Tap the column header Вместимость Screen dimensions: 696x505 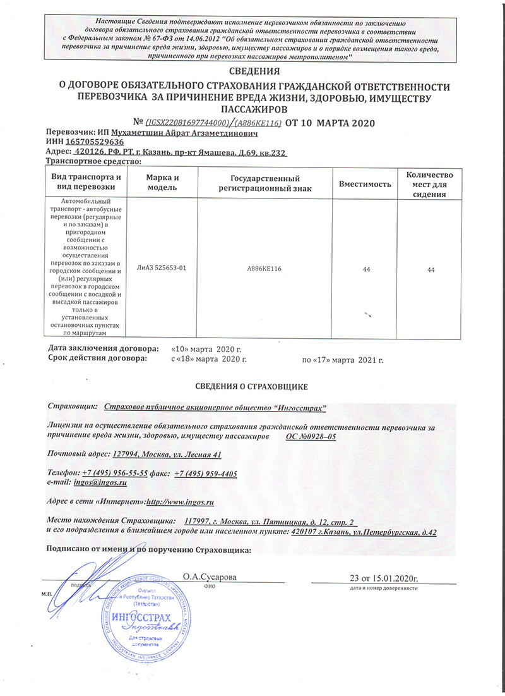365,184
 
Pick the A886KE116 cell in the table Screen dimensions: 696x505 264,269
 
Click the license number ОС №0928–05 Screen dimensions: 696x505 311,437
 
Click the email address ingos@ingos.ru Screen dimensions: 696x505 100,482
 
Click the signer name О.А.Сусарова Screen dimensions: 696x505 210,577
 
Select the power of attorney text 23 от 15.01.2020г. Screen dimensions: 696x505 384,577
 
